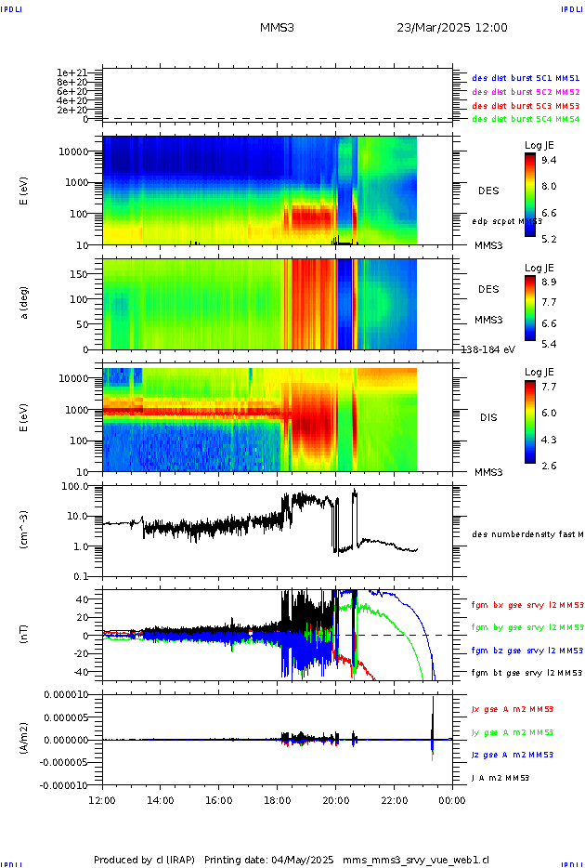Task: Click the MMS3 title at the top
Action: pos(277,28)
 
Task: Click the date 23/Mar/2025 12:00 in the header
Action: pos(451,28)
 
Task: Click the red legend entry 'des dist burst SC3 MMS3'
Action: pos(526,106)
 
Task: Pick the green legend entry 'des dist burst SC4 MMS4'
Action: pos(526,119)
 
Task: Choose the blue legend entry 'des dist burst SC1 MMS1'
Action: pos(526,79)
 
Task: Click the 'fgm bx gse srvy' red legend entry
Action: pos(526,605)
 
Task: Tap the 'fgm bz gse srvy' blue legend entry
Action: pos(526,650)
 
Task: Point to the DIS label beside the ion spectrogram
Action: pos(487,417)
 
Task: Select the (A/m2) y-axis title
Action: pos(24,740)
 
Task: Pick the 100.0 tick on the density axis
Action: pos(73,486)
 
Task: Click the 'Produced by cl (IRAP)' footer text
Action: pos(144,860)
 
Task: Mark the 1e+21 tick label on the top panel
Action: pos(71,72)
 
